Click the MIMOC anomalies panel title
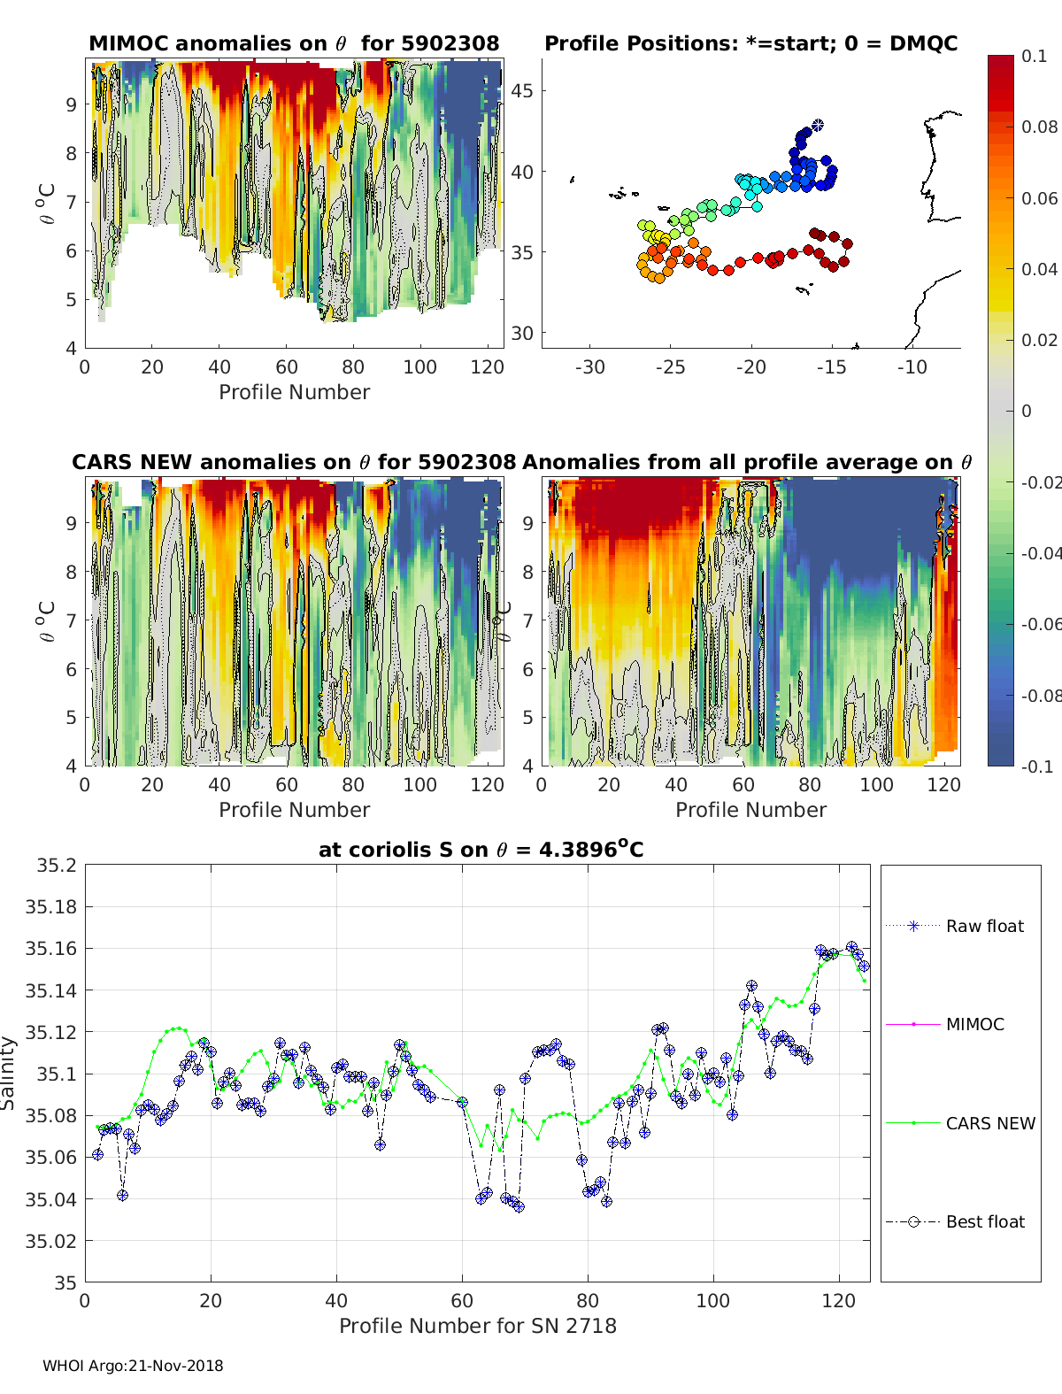point(294,43)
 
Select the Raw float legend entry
point(984,926)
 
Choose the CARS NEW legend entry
point(989,1123)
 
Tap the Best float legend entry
point(984,1221)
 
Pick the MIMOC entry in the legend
point(974,1024)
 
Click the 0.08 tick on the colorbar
point(1039,127)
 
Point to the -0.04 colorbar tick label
point(1039,553)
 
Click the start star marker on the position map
point(818,126)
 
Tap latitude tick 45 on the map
point(523,91)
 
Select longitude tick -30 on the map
point(589,367)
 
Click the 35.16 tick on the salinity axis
point(50,948)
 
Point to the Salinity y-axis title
point(9,1073)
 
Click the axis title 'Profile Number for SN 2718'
point(477,1325)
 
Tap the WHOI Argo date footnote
point(133,1366)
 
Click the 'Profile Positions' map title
point(750,43)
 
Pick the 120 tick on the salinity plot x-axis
point(838,1300)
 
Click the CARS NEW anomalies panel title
point(294,462)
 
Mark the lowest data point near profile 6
point(122,1195)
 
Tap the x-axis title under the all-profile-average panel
point(750,810)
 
